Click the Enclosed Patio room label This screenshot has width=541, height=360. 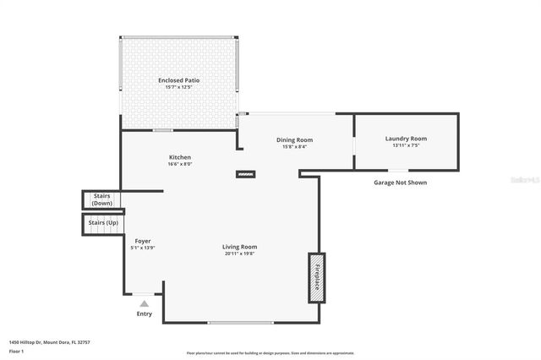point(178,80)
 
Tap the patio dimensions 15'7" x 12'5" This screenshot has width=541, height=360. point(178,87)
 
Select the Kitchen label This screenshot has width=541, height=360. point(179,157)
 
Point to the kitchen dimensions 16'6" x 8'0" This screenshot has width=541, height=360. point(179,165)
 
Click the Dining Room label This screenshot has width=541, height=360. point(294,139)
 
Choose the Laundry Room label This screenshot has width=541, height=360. point(406,139)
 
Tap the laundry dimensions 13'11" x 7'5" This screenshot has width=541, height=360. point(406,145)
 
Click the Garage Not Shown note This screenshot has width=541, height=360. point(400,182)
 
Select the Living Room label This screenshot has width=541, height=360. point(239,247)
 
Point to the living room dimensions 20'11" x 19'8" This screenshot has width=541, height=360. point(239,254)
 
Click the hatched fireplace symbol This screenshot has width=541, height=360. point(315,278)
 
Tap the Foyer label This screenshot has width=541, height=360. point(143,241)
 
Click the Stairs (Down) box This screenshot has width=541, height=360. point(102,200)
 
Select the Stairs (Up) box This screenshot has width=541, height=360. point(102,223)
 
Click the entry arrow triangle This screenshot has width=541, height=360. point(145,303)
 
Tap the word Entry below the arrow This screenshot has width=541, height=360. point(145,314)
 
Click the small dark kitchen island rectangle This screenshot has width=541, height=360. point(244,176)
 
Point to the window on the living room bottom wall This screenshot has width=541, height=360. point(240,323)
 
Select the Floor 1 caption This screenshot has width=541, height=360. point(16,350)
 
